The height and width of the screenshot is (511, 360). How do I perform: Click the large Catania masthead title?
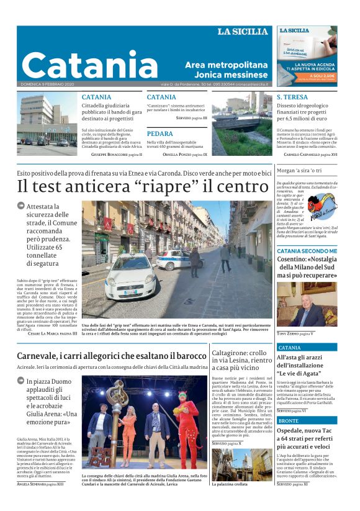(91, 65)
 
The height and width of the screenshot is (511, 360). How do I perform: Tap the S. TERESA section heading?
(292, 97)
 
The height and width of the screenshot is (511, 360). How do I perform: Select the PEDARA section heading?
(160, 133)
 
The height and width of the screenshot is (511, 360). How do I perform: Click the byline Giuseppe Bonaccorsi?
(110, 153)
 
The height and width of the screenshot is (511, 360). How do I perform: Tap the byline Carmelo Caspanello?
(307, 153)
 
